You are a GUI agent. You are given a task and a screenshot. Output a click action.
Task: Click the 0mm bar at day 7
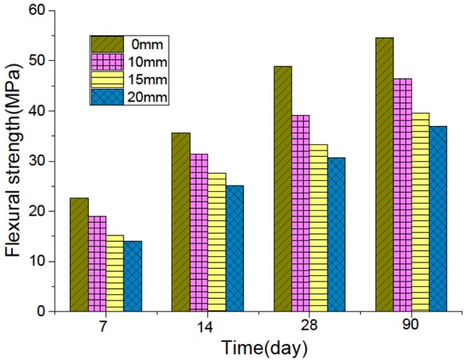coord(79,255)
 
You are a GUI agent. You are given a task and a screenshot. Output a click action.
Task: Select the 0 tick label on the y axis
coord(40,312)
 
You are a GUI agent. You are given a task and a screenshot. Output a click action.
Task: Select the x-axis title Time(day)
coord(252,348)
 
